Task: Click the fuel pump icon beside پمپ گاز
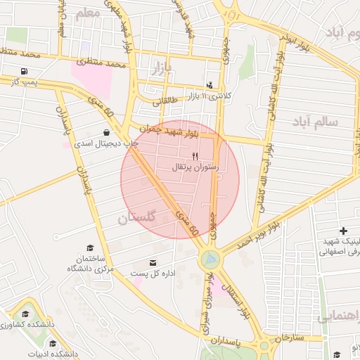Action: coord(25,71)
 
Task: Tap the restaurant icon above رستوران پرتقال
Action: coord(195,155)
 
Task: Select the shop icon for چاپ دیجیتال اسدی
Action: coord(106,131)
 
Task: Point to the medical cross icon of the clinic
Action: coord(343,231)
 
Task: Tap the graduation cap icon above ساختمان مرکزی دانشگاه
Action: coord(89,247)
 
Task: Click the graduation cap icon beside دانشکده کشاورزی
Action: coord(27,314)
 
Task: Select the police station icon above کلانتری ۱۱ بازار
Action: coord(210,85)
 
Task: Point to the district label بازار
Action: coord(161,67)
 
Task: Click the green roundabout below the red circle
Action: coord(210,260)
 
